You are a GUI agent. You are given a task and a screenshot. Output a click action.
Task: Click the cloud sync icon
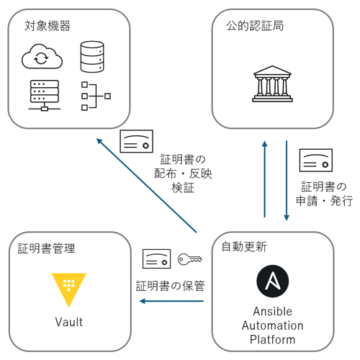[41, 55]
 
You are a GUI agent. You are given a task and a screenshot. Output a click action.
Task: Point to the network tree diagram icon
[93, 95]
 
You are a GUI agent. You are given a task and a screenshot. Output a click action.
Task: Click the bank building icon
[272, 84]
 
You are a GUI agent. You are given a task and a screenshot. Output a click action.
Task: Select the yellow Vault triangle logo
[69, 287]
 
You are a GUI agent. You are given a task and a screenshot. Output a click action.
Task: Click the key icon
[189, 258]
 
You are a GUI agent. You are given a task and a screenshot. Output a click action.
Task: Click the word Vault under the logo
[69, 322]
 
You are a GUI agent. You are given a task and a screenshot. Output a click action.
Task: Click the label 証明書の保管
[171, 285]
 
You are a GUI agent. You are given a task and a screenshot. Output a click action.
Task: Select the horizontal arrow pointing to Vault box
[172, 301]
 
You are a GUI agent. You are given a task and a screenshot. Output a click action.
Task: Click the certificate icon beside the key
[156, 258]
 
